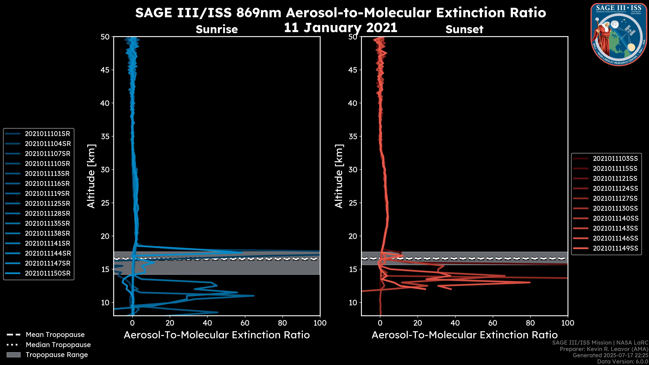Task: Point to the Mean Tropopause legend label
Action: [55, 335]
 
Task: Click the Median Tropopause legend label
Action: [58, 345]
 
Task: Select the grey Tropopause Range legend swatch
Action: [14, 355]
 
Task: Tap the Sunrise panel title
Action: [217, 29]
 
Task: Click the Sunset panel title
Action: [464, 29]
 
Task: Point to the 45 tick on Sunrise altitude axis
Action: [105, 70]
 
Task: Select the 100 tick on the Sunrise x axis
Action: [320, 323]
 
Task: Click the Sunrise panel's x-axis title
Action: [217, 335]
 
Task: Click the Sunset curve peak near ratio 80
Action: [530, 282]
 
